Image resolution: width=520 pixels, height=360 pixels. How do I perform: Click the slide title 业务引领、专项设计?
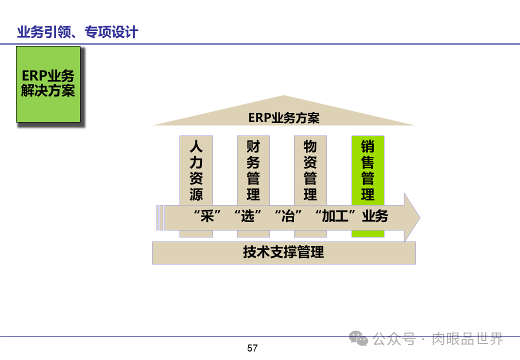pyautogui.click(x=77, y=32)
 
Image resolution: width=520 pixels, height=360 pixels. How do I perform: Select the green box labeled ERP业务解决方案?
pyautogui.click(x=48, y=84)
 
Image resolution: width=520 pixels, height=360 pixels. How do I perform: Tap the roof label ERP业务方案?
pyautogui.click(x=283, y=118)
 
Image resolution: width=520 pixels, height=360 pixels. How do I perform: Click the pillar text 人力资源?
pyautogui.click(x=196, y=170)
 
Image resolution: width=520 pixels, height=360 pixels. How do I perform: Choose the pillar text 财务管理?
pyautogui.click(x=253, y=170)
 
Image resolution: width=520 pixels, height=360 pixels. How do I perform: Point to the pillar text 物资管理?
pyautogui.click(x=310, y=170)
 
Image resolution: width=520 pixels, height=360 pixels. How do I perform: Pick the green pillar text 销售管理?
pyautogui.click(x=368, y=170)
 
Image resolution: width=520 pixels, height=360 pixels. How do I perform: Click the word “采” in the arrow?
pyautogui.click(x=207, y=216)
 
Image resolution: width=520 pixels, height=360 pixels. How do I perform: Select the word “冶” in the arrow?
pyautogui.click(x=289, y=216)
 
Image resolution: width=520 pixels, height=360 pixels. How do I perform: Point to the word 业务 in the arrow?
pyautogui.click(x=375, y=216)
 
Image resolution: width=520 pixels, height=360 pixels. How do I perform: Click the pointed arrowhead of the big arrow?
pyautogui.click(x=412, y=218)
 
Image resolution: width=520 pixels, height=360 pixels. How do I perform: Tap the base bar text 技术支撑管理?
pyautogui.click(x=283, y=252)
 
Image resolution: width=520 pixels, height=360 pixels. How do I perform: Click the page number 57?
pyautogui.click(x=252, y=348)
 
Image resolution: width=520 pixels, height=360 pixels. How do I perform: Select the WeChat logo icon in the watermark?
pyautogui.click(x=358, y=338)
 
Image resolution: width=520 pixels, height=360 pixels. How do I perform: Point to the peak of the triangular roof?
pyautogui.click(x=283, y=96)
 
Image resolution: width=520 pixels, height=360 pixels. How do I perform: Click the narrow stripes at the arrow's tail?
pyautogui.click(x=160, y=218)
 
